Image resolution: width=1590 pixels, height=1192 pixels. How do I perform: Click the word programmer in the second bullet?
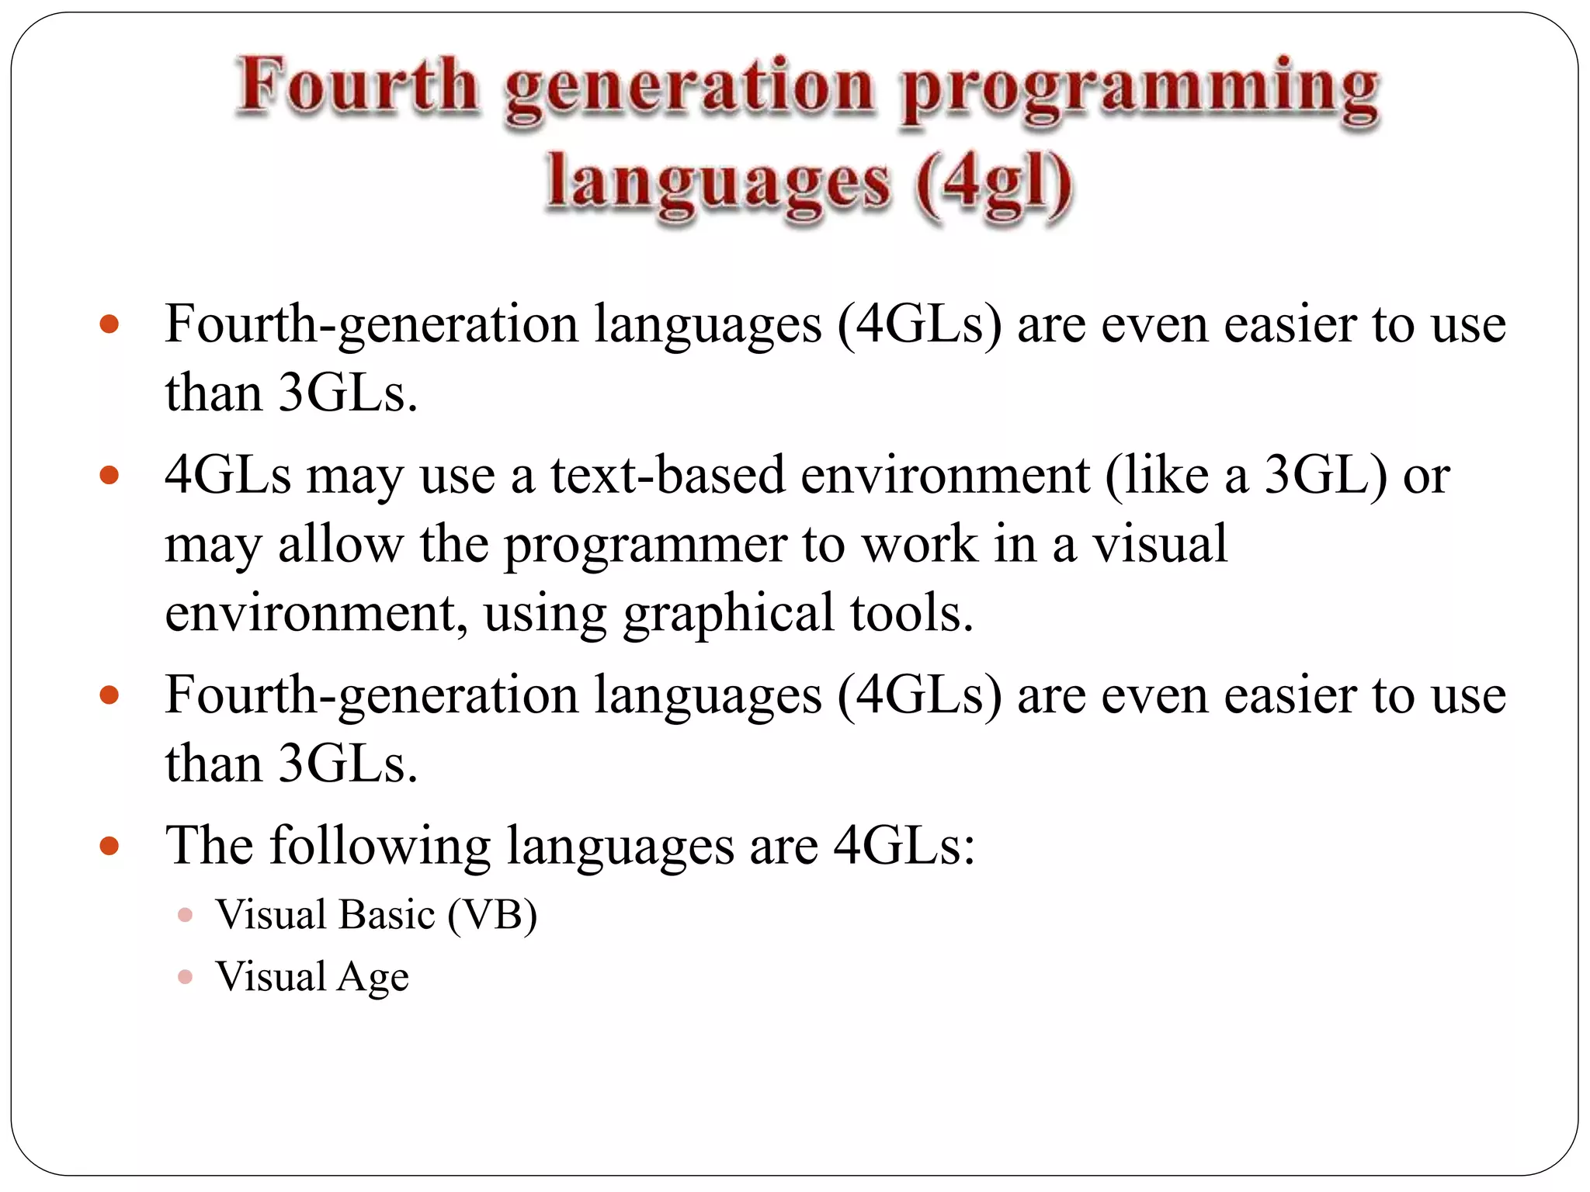coord(645,546)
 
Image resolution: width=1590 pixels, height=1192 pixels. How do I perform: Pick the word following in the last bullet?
coord(380,845)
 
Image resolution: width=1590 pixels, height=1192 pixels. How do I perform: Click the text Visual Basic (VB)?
coord(377,915)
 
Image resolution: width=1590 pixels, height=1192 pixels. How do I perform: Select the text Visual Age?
coord(312,977)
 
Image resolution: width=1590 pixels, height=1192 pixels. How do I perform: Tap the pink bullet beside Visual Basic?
coord(185,916)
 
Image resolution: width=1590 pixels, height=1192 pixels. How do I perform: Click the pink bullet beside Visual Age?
coord(185,977)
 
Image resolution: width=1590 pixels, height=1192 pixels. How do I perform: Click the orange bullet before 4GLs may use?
coord(109,475)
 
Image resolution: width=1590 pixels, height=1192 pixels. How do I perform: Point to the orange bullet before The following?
coord(109,845)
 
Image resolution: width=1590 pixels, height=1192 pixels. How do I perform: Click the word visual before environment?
coord(1160,544)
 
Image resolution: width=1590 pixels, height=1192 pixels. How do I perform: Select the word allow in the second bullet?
coord(340,544)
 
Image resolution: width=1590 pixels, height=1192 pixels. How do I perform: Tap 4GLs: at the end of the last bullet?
coord(904,845)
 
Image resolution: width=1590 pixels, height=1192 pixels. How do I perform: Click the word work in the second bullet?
coord(919,544)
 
